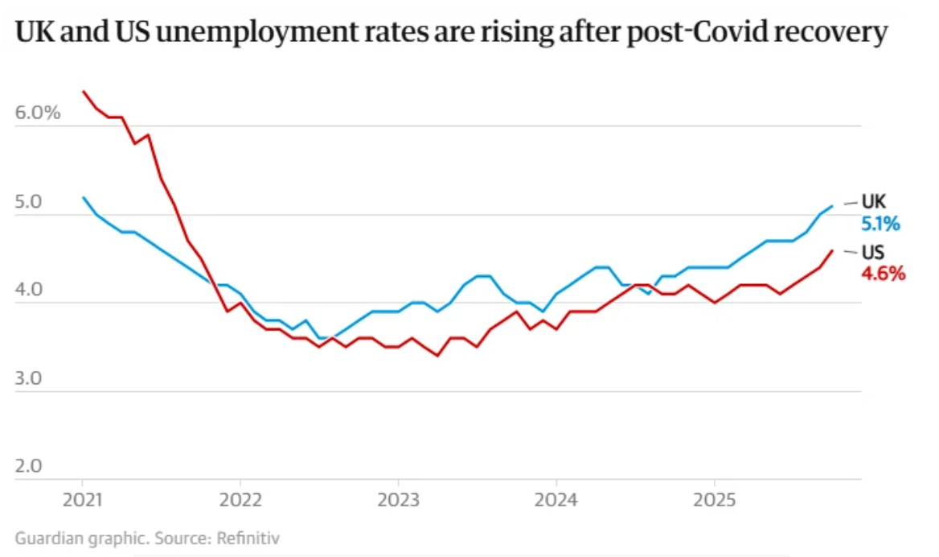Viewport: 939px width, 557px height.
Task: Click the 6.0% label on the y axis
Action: pos(38,113)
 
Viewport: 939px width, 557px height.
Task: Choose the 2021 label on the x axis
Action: pos(83,499)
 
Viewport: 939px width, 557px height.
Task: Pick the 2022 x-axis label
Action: pos(240,499)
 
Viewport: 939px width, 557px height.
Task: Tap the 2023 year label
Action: pos(399,499)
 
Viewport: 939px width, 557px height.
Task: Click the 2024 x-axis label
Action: pos(556,499)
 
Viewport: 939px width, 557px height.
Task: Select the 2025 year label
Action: pos(715,499)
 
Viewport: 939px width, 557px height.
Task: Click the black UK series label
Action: pos(874,201)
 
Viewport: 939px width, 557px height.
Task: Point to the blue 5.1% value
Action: pos(881,223)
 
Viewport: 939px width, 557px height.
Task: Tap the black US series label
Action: pos(873,252)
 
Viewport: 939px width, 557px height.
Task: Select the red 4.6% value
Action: pos(884,274)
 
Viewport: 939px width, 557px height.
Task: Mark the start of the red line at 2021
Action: pos(83,91)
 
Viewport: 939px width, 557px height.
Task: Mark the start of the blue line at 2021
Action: pos(83,197)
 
